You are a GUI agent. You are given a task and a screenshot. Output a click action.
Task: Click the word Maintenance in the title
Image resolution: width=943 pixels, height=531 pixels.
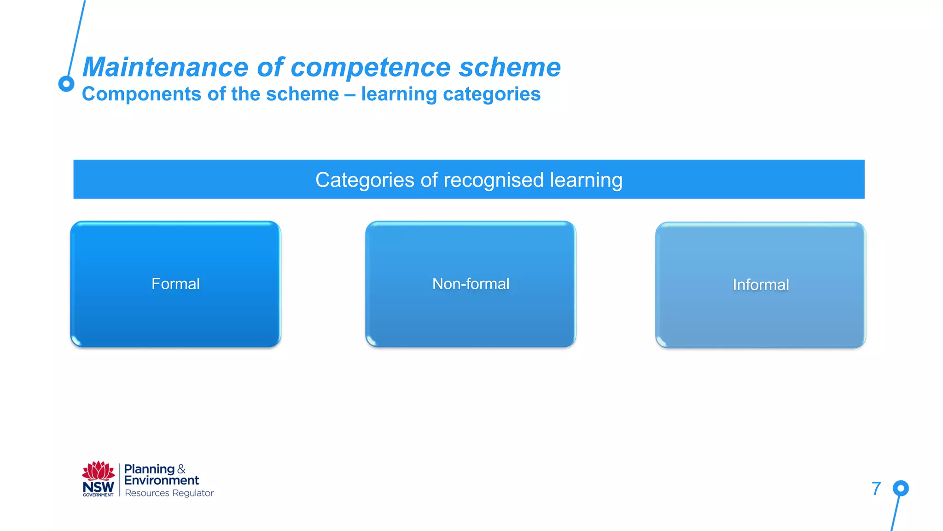point(166,67)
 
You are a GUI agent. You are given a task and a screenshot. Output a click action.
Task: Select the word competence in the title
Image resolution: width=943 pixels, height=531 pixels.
point(370,67)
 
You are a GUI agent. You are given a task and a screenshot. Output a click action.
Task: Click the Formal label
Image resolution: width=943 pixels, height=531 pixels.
point(175,284)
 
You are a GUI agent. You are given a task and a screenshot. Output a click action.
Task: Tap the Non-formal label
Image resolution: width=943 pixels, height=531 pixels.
point(471,284)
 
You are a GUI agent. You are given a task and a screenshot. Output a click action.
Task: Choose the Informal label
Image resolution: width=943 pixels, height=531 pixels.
point(761,285)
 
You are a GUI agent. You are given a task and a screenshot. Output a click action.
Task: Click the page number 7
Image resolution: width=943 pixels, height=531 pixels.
point(876,489)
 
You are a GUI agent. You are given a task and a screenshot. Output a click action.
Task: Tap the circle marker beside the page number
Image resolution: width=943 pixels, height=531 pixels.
point(901,488)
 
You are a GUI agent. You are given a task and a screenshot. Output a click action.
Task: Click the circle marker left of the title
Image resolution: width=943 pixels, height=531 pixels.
point(66,84)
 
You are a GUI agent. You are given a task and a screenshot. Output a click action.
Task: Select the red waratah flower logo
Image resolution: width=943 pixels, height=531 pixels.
point(98,471)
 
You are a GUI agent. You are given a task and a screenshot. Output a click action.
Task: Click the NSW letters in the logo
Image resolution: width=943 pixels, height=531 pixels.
point(98,487)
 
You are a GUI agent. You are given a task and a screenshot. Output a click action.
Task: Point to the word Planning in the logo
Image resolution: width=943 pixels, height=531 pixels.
point(149,469)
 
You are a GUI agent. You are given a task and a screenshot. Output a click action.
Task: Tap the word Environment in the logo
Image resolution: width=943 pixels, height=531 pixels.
point(161,480)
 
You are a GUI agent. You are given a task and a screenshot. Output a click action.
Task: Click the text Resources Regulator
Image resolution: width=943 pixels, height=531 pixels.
point(169,493)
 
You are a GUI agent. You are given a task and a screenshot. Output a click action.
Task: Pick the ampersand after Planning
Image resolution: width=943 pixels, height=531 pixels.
point(181,469)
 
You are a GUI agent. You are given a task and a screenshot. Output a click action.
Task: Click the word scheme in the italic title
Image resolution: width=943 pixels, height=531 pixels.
point(510,67)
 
